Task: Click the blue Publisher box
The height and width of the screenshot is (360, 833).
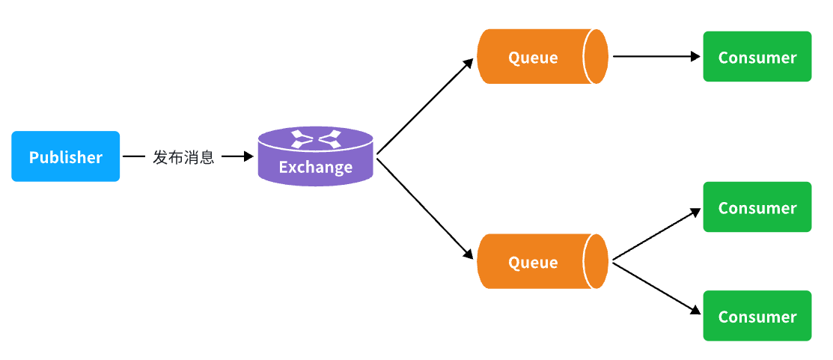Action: [x=65, y=156]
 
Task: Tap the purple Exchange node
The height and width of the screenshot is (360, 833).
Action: [x=316, y=156]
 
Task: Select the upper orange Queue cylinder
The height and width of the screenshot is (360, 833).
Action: [x=543, y=56]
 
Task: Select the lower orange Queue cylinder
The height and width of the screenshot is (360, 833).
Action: [x=543, y=261]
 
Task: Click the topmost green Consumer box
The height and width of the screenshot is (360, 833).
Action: [x=757, y=56]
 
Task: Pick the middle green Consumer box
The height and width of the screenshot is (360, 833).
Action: [x=757, y=207]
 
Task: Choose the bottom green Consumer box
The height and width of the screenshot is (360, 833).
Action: [x=757, y=315]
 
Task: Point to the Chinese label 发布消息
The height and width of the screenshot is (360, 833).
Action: [x=183, y=157]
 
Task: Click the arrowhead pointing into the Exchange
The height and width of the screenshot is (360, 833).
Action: [x=248, y=156]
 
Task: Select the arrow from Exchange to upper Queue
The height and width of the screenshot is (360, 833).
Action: [x=424, y=106]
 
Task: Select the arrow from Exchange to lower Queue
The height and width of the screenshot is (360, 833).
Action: [x=424, y=208]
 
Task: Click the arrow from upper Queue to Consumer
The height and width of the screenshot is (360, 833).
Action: [x=656, y=56]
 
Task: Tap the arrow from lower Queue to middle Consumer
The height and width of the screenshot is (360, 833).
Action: [x=656, y=234]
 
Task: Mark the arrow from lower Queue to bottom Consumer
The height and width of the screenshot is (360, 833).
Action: [x=656, y=287]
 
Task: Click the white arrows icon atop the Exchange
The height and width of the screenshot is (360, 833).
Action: [x=316, y=138]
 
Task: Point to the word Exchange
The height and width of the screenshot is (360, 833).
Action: [x=316, y=167]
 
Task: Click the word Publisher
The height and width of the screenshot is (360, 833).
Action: [x=65, y=157]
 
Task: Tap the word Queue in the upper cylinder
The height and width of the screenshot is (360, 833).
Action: [x=533, y=58]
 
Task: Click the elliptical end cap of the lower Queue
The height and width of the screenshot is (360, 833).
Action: [x=596, y=261]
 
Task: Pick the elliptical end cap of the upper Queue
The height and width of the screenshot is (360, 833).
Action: [x=596, y=56]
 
